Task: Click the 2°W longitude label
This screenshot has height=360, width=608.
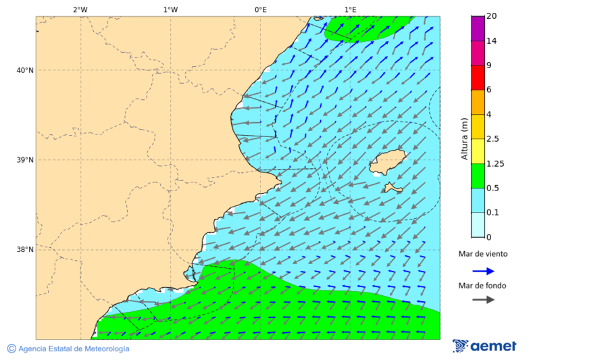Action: pyautogui.click(x=80, y=9)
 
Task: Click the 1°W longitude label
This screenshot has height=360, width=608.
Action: pyautogui.click(x=170, y=9)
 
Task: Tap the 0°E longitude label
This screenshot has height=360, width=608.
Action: pyautogui.click(x=260, y=9)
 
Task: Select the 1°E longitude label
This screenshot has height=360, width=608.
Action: pyautogui.click(x=350, y=9)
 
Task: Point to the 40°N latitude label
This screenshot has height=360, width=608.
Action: pyautogui.click(x=25, y=70)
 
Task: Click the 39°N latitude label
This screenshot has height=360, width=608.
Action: pyautogui.click(x=25, y=160)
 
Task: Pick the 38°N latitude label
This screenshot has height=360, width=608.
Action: pyautogui.click(x=25, y=250)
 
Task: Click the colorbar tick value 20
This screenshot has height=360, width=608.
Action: pyautogui.click(x=491, y=16)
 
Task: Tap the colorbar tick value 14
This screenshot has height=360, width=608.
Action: pyautogui.click(x=491, y=41)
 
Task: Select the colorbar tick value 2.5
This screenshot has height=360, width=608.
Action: pyautogui.click(x=493, y=139)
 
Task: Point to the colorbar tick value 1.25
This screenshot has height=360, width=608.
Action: pyautogui.click(x=495, y=163)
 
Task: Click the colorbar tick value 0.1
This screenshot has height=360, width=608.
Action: pyautogui.click(x=493, y=213)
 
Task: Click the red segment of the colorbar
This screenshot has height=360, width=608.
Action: pyautogui.click(x=478, y=78)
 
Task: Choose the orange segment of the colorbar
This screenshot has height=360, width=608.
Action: pyautogui.click(x=478, y=102)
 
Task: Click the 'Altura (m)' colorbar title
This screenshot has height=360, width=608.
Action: pyautogui.click(x=464, y=138)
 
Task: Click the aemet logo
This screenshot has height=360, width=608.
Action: pyautogui.click(x=484, y=346)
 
